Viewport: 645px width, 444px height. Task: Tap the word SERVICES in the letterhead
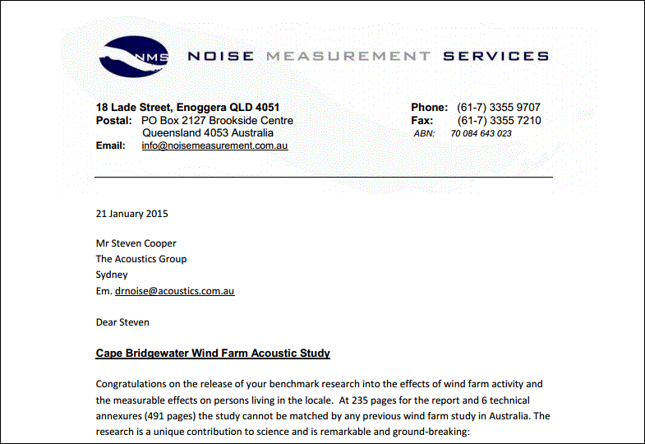495,57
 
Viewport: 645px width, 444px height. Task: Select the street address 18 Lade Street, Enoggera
187,108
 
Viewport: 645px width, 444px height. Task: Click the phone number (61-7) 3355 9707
499,108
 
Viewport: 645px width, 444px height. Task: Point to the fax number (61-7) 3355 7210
499,121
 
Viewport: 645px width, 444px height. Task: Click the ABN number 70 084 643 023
481,133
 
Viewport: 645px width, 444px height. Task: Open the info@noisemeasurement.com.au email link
214,146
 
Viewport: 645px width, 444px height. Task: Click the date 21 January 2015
131,214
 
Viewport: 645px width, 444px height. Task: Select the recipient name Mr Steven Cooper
136,243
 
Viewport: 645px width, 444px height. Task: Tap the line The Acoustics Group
141,259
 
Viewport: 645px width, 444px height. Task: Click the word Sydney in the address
112,275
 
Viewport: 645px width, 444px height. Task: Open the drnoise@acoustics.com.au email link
175,291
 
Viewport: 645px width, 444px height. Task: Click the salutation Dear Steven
122,321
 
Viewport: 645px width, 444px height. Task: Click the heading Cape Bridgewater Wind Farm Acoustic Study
213,354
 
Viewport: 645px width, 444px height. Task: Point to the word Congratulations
134,384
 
